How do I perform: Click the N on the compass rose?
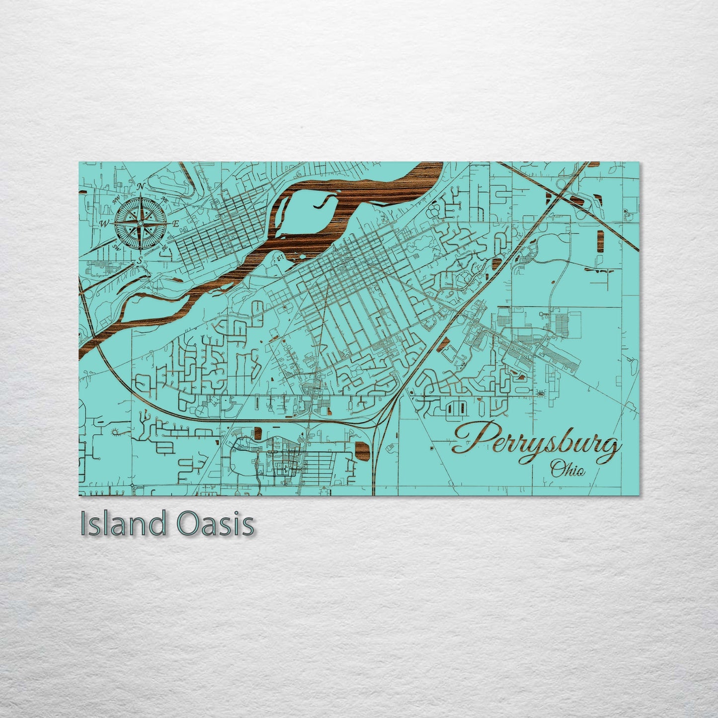coord(141,186)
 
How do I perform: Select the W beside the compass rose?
coord(105,223)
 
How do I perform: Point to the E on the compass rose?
coord(175,224)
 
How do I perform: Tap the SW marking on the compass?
coord(117,246)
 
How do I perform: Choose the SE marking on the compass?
coord(164,247)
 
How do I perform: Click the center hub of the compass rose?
coord(141,224)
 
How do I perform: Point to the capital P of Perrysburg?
coord(470,437)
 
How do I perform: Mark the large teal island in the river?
coord(303,211)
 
